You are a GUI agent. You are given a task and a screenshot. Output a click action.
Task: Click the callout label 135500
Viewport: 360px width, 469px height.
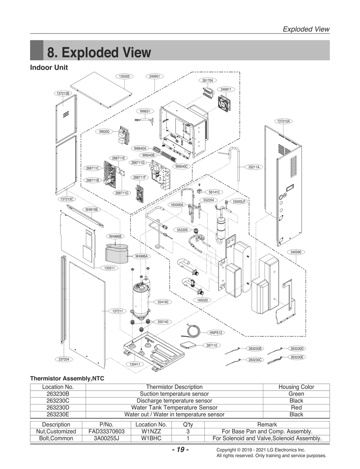(124, 76)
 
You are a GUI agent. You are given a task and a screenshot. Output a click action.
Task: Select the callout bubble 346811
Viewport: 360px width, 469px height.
(226, 89)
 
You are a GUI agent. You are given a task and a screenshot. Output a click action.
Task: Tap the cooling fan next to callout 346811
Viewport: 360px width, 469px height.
(224, 103)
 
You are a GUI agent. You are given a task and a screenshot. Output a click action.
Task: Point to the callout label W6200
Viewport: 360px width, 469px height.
(104, 131)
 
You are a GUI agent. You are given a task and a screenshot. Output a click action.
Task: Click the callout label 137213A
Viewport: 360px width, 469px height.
(283, 121)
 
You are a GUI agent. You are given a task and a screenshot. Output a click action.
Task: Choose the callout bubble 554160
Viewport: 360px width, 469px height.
(163, 302)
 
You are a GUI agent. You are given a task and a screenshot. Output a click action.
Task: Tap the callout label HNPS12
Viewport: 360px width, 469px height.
(216, 333)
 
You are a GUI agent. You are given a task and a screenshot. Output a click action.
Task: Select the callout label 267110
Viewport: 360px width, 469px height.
(212, 345)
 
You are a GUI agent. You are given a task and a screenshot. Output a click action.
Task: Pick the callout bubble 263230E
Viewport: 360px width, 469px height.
(297, 357)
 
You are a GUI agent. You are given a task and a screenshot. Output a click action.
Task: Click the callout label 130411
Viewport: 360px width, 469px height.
(135, 364)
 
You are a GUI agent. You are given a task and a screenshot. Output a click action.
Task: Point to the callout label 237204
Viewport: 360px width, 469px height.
(64, 359)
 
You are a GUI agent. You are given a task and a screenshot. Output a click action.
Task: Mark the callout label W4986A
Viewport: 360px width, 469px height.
(141, 256)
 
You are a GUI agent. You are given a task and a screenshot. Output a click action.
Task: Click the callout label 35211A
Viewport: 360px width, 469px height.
(254, 167)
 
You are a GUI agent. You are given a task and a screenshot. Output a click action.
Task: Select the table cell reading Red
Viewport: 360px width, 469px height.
(296, 407)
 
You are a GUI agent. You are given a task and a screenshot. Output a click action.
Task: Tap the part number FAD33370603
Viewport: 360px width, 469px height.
(107, 432)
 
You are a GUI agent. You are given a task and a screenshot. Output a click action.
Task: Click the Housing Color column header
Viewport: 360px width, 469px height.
(296, 387)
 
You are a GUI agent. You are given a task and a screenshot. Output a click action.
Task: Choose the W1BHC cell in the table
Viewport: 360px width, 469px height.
(151, 438)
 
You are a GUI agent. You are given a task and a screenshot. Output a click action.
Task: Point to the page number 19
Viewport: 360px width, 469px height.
(180, 450)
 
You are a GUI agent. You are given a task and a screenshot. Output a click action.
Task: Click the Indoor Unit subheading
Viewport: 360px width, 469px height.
(49, 68)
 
